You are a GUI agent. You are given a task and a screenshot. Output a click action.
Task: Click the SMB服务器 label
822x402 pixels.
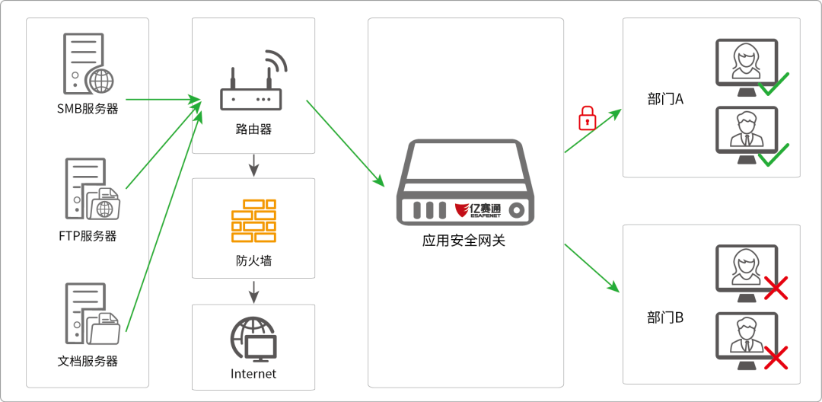[x=88, y=109]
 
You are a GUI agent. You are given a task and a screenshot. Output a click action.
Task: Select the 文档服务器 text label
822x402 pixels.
[x=88, y=360]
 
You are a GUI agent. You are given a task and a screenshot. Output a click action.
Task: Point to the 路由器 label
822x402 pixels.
[x=253, y=129]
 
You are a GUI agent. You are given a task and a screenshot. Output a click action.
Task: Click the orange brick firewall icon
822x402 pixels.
[x=253, y=220]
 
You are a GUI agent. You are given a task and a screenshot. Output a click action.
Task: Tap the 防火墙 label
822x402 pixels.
[x=253, y=261]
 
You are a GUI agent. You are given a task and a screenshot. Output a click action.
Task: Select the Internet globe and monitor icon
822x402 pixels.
[x=253, y=339]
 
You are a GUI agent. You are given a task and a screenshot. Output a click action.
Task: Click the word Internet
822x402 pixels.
[x=253, y=374]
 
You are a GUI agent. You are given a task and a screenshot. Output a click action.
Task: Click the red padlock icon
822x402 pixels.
[x=586, y=118]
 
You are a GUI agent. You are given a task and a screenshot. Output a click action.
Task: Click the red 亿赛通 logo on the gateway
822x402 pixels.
[x=478, y=209]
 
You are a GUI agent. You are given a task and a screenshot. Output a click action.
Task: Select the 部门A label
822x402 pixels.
[x=666, y=99]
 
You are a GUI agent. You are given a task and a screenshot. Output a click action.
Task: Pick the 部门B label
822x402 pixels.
[x=666, y=317]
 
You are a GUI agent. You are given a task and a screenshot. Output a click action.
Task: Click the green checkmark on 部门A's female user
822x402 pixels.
[x=773, y=82]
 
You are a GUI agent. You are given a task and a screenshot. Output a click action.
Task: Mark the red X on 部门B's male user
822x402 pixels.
[x=775, y=356]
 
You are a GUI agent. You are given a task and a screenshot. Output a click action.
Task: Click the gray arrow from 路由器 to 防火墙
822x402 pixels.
[x=253, y=164]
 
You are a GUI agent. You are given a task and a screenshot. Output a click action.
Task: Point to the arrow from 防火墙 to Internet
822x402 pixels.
[x=253, y=291]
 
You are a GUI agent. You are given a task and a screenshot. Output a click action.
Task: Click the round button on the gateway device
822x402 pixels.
[x=518, y=209]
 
